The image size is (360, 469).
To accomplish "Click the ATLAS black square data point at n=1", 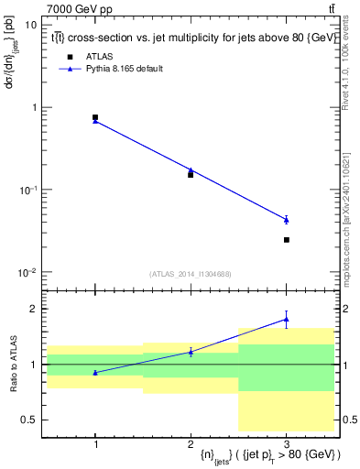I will point(95,117).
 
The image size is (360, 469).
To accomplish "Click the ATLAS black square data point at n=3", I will point(287,240).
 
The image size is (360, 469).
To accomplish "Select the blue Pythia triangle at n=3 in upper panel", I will point(287,219).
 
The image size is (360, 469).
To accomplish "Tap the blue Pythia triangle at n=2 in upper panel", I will point(191,170).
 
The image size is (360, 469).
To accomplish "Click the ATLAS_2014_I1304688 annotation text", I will point(191,273).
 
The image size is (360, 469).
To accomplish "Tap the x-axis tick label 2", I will point(191,443).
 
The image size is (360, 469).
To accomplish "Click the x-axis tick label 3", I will point(287,443).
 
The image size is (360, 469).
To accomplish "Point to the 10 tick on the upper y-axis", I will point(31,25).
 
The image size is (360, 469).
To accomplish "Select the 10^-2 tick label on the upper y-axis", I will point(27,272).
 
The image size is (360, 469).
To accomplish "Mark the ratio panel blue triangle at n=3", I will point(287,319).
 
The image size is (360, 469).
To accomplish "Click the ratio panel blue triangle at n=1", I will point(95,372).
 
